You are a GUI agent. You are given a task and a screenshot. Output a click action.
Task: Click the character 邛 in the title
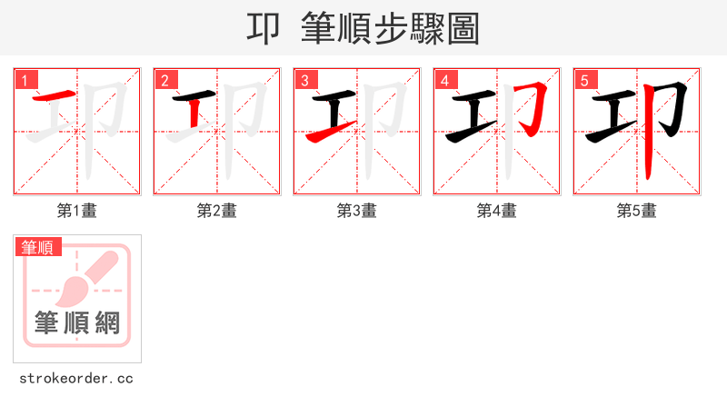click(264, 29)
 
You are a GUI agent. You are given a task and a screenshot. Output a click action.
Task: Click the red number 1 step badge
click(25, 80)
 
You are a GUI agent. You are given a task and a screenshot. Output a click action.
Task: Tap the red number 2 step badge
click(164, 80)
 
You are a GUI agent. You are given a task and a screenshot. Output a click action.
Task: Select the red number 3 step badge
click(304, 80)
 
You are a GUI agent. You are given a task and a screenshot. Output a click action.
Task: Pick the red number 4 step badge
click(444, 80)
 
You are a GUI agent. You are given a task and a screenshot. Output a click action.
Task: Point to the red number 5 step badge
click(584, 80)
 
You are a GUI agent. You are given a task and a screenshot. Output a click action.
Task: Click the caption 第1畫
click(77, 211)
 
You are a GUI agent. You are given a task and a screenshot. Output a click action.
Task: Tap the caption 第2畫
click(217, 211)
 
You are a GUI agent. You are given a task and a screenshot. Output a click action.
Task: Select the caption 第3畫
click(357, 211)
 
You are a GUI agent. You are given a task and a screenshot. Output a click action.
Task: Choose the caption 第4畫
click(497, 211)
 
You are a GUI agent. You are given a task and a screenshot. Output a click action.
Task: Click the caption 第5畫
click(637, 211)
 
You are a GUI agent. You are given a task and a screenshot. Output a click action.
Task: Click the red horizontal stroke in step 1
click(55, 96)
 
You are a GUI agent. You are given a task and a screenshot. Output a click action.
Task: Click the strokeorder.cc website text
click(76, 378)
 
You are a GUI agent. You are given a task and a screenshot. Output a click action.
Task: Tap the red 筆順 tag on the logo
click(37, 247)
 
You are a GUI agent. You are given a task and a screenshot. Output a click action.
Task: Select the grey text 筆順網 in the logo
click(77, 322)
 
